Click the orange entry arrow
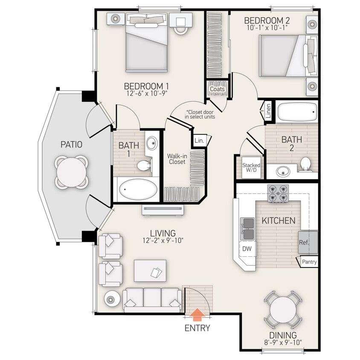(x=197, y=315)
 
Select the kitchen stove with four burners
(x=278, y=193)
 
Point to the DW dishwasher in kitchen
(x=247, y=248)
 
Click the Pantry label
(x=309, y=262)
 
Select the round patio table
(x=72, y=171)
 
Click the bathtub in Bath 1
(x=137, y=190)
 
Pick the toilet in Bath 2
(x=305, y=164)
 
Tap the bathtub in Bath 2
(x=297, y=112)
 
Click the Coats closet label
(x=217, y=89)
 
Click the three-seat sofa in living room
(x=152, y=299)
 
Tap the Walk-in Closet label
(x=177, y=159)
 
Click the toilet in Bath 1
(x=144, y=164)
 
